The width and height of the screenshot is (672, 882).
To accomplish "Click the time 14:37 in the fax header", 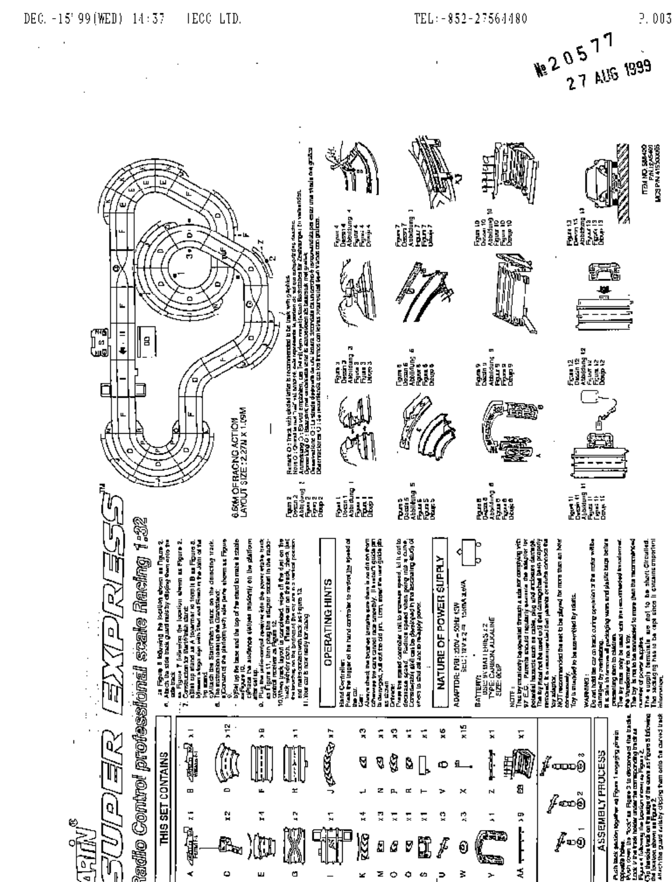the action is click(148, 20).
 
